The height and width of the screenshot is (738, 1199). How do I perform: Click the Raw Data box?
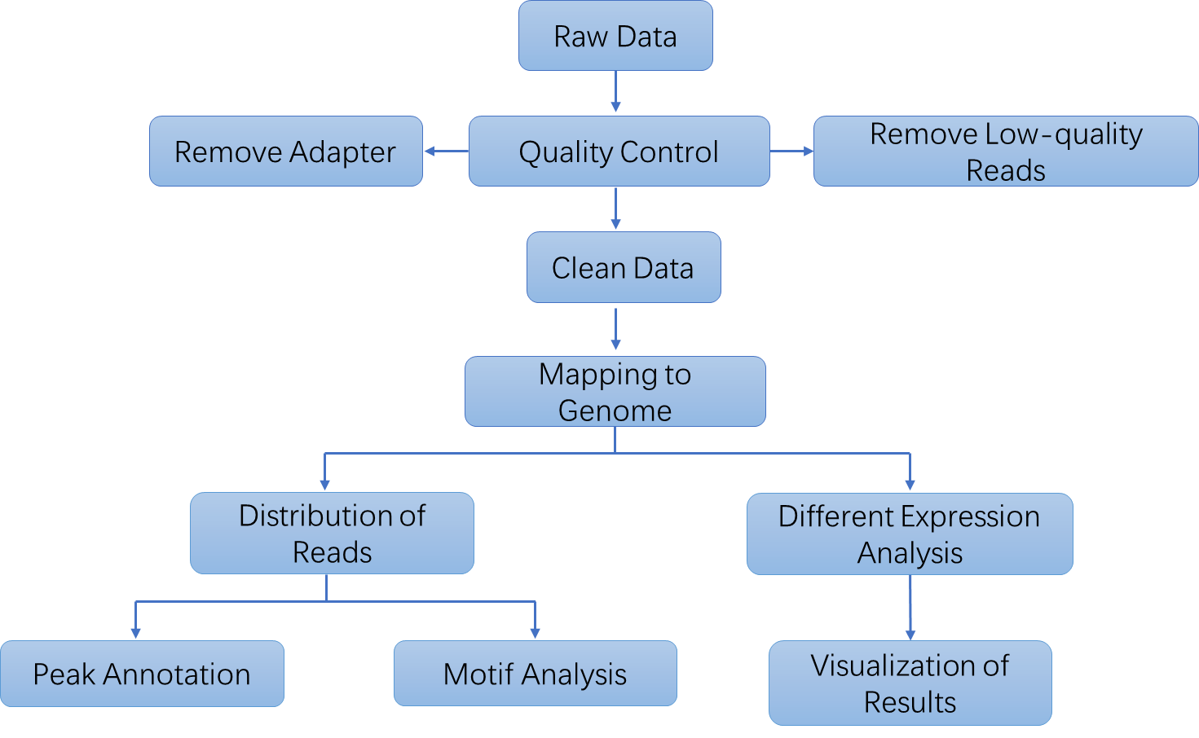(x=615, y=36)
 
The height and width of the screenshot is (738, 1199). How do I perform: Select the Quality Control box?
(x=619, y=152)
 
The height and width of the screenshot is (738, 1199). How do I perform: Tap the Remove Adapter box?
(x=285, y=152)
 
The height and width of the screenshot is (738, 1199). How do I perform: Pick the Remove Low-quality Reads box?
(x=1005, y=152)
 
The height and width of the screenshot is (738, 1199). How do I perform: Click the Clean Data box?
(x=624, y=267)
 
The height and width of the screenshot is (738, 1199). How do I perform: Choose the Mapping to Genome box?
(x=615, y=392)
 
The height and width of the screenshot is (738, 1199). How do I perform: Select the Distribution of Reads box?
(x=332, y=534)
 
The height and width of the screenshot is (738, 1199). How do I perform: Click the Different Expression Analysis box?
(x=910, y=534)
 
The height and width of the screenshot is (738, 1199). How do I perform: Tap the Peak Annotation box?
(x=142, y=674)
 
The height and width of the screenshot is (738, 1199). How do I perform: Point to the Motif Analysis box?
(x=535, y=674)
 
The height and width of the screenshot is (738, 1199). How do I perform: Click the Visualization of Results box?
(x=910, y=683)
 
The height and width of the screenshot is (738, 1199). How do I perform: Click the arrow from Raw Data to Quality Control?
(x=615, y=91)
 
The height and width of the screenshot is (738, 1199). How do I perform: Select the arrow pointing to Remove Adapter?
(x=446, y=151)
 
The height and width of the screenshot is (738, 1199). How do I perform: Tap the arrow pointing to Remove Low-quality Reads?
(x=791, y=151)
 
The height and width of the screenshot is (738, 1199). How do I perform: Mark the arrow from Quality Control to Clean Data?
(x=615, y=209)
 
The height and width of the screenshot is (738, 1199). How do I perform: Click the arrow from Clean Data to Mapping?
(x=615, y=329)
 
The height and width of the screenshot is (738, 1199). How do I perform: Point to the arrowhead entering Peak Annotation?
(x=136, y=633)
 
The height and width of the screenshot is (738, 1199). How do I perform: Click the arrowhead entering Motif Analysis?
(x=535, y=633)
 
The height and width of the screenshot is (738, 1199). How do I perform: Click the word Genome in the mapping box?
(x=615, y=411)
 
